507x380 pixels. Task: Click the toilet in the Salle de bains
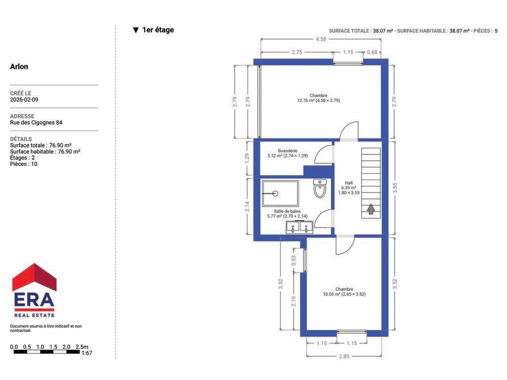[320, 189]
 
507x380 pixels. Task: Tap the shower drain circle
[275, 193]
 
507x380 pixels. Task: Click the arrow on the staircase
[371, 209]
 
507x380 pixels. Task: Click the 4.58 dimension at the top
[321, 39]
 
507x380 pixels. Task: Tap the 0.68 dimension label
[372, 52]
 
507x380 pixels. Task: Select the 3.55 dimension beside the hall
[395, 188]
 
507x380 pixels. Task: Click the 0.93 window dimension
[294, 260]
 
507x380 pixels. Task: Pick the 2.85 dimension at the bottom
[344, 356]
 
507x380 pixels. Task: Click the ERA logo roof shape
[34, 277]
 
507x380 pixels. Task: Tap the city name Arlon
[19, 67]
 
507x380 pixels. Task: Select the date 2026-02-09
[24, 99]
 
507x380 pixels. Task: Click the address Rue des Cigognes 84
[36, 123]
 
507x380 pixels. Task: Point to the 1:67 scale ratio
[87, 353]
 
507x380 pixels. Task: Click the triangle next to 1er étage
[136, 30]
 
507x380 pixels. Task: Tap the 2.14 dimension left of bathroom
[247, 206]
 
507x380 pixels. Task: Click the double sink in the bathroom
[300, 227]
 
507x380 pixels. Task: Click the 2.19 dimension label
[294, 301]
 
